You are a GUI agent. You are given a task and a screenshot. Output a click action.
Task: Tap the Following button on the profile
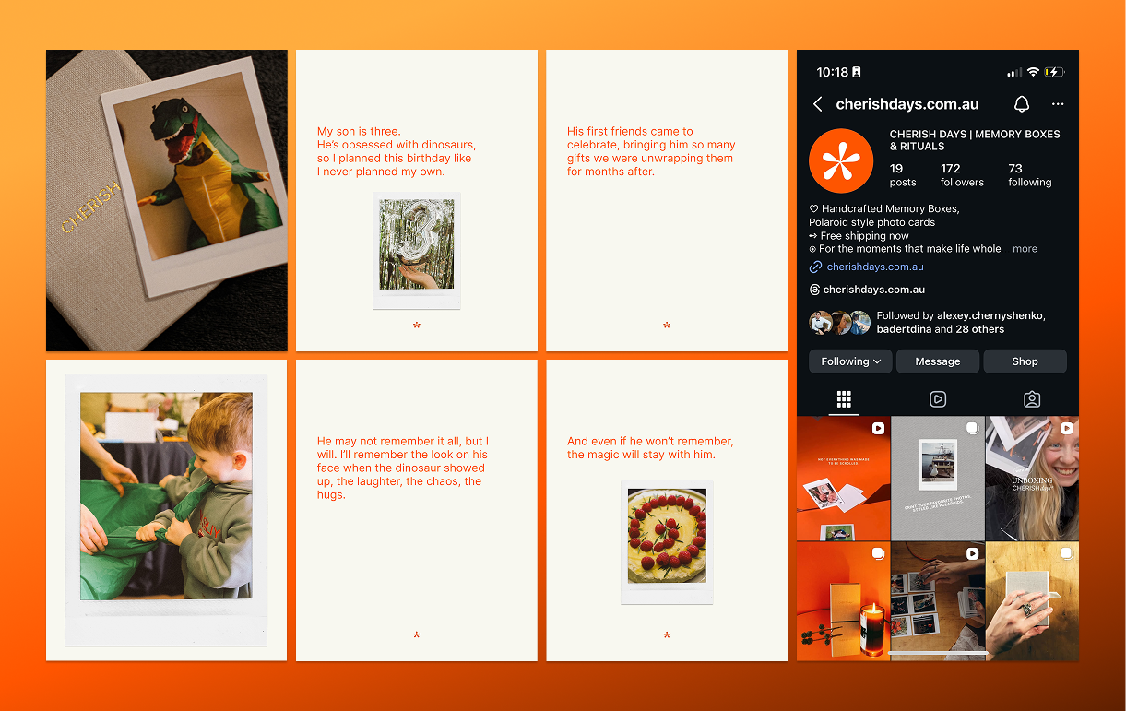pyautogui.click(x=849, y=361)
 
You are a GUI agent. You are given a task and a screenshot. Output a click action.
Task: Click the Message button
pyautogui.click(x=937, y=361)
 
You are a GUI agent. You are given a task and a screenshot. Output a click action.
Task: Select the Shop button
pyautogui.click(x=1025, y=361)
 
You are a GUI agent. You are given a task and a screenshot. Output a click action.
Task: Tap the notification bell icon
pyautogui.click(x=1022, y=104)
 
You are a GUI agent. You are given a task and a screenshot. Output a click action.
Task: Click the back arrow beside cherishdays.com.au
pyautogui.click(x=818, y=104)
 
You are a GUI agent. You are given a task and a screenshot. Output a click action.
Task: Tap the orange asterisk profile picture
pyautogui.click(x=840, y=160)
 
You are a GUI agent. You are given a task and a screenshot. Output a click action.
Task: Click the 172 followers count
pyautogui.click(x=961, y=175)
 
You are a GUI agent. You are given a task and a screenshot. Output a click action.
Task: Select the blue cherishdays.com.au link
pyautogui.click(x=874, y=267)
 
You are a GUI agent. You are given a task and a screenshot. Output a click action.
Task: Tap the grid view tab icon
pyautogui.click(x=843, y=399)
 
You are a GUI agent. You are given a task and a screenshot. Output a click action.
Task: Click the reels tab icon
pyautogui.click(x=937, y=399)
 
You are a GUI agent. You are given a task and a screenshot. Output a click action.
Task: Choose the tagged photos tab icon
pyautogui.click(x=1032, y=399)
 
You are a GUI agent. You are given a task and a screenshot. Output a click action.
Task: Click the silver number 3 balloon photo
pyautogui.click(x=416, y=244)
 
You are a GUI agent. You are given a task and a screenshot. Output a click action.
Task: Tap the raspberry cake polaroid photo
pyautogui.click(x=667, y=535)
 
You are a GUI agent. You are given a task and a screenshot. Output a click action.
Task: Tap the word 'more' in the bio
pyautogui.click(x=1025, y=249)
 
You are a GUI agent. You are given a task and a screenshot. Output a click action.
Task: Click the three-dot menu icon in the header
pyautogui.click(x=1058, y=104)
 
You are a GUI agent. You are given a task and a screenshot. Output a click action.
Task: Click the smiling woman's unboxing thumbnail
pyautogui.click(x=1032, y=478)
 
